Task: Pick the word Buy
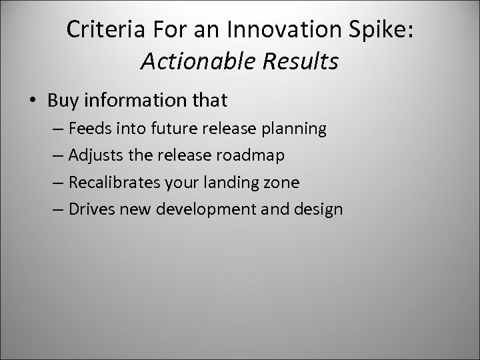pos(62,101)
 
